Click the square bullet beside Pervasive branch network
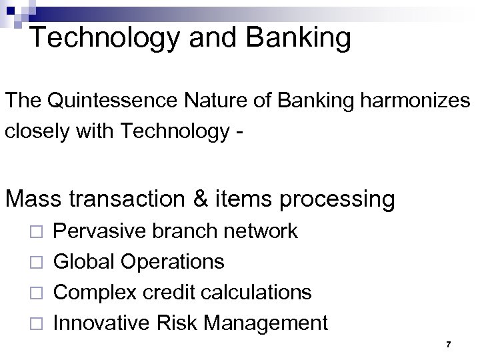[x=37, y=232]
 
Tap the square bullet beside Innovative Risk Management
[x=37, y=324]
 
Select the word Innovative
[x=102, y=323]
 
